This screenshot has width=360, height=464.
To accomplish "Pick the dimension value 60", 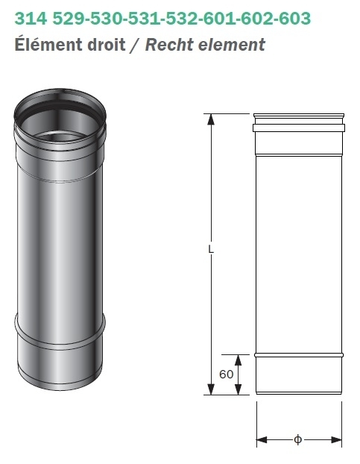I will tap(227, 374).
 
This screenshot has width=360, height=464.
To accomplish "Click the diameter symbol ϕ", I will tap(297, 439).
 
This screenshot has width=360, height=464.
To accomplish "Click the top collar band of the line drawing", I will tap(299, 128).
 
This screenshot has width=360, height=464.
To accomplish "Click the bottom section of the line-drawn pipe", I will tap(299, 374).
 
